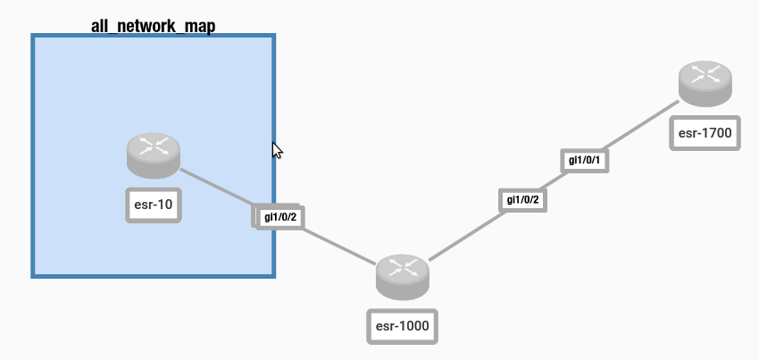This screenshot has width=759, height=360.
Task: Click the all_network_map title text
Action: point(153,25)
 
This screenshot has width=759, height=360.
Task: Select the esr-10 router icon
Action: point(154,155)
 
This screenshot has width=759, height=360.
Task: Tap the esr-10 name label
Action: point(154,205)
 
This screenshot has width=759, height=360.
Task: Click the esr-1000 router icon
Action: point(403,275)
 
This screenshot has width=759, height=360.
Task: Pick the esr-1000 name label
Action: point(403,326)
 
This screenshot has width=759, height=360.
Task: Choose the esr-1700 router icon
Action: point(705,83)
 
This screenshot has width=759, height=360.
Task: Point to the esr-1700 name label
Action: point(705,134)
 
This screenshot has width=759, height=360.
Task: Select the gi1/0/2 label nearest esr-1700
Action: point(522,199)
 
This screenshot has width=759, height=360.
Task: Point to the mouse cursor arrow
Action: point(277,149)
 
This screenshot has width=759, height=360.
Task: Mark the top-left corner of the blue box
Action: point(34,37)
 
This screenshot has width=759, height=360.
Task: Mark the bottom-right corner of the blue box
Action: point(272,275)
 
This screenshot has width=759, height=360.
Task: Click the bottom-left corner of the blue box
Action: point(34,275)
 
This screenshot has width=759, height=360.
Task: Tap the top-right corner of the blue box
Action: point(272,37)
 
